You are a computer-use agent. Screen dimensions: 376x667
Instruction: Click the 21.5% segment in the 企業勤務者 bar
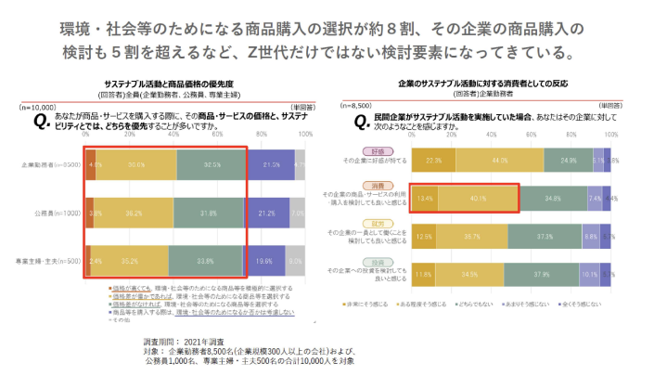pos(270,164)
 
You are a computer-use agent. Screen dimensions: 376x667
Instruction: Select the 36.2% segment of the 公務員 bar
pos(134,213)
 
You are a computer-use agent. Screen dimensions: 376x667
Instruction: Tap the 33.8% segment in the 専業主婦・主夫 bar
pos(205,262)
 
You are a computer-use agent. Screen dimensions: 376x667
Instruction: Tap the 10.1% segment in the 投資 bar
pos(588,274)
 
